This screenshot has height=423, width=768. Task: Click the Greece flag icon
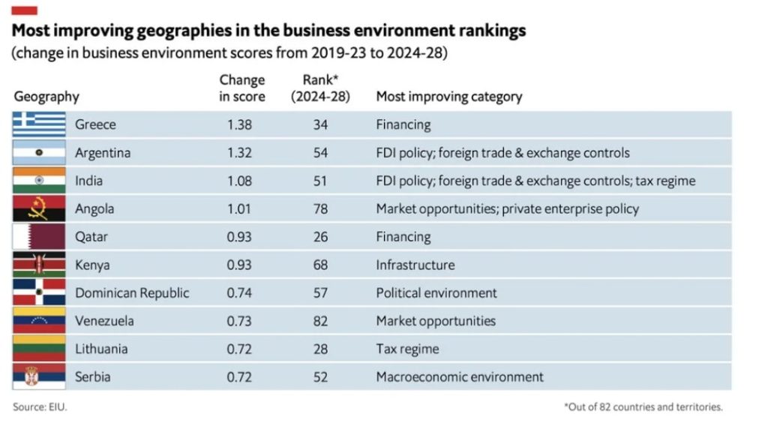40,124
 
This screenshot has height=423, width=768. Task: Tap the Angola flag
40,208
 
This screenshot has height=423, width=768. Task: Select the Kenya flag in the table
40,265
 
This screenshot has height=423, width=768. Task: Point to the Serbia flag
40,376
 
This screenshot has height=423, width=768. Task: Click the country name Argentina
103,153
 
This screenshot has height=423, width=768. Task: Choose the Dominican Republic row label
132,292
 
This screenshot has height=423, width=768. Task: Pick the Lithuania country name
101,349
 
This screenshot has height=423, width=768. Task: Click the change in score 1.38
240,124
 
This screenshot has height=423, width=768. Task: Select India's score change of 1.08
240,181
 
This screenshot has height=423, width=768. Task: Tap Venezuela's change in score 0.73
240,321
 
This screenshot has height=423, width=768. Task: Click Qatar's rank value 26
320,237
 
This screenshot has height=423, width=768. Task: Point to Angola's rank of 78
320,208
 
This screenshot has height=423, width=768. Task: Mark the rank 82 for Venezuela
320,321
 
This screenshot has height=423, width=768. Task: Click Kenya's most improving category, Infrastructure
415,265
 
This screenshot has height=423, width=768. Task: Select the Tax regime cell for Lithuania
407,349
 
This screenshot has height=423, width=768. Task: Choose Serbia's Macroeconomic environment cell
459,376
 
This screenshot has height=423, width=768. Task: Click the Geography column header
46,97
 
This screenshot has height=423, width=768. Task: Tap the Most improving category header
449,97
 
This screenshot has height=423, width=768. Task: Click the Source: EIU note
34,407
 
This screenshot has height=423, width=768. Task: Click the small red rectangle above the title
25,10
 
